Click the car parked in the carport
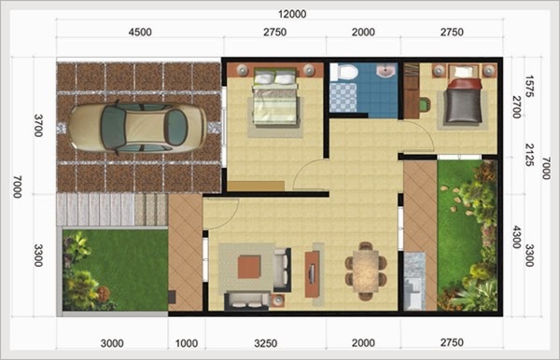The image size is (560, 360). tap(137, 127)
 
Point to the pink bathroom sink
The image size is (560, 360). tap(385, 71)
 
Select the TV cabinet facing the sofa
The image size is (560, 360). tap(310, 270)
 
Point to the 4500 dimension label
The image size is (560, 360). tap(139, 33)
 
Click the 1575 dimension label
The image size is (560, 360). tap(529, 85)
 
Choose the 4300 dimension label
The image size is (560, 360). tap(516, 237)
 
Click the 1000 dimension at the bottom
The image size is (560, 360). tap(185, 343)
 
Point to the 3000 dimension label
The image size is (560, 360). tap(112, 343)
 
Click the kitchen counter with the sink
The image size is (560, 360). tap(413, 280)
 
